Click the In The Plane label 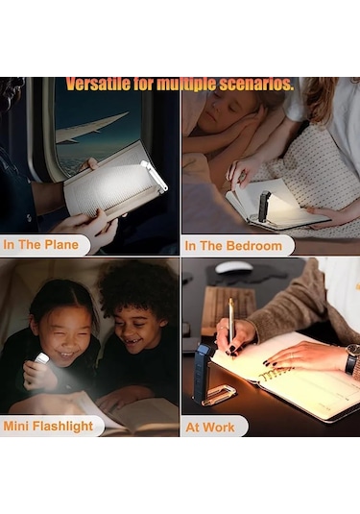(x=41, y=245)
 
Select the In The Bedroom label (x=233, y=246)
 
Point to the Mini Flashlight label (x=48, y=426)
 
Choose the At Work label (x=210, y=428)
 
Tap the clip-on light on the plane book (x=154, y=175)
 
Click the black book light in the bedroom (x=264, y=207)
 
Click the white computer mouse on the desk (x=234, y=267)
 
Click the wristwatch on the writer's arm (x=351, y=358)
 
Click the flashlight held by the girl (x=41, y=358)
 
